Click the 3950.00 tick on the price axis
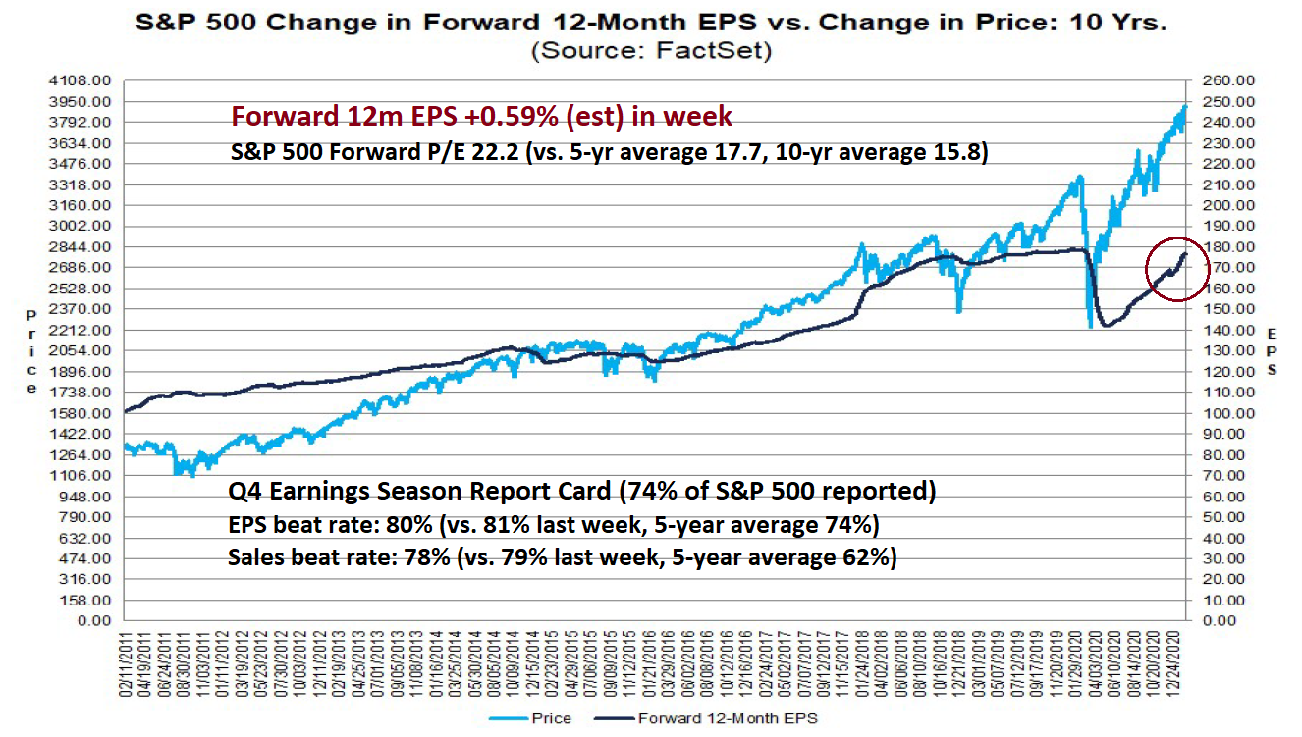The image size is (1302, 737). pyautogui.click(x=84, y=102)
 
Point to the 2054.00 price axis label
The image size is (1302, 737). pyautogui.click(x=84, y=350)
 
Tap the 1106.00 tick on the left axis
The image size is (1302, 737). pyautogui.click(x=84, y=475)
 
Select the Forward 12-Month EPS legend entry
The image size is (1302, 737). pyautogui.click(x=727, y=718)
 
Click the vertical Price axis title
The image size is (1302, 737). pyautogui.click(x=31, y=350)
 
